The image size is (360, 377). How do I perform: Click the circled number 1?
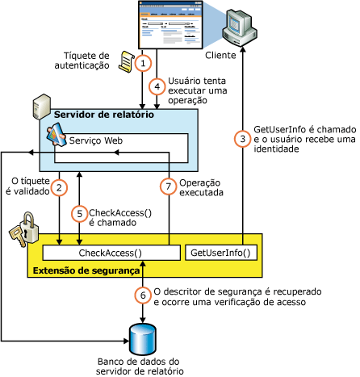pos(144,62)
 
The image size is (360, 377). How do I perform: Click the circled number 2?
pos(59,187)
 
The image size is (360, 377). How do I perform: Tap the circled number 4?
pos(158,84)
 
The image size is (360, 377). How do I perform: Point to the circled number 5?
pos(78,214)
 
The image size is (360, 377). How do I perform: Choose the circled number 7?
pos(168,187)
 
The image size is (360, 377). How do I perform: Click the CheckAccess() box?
pos(112,253)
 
